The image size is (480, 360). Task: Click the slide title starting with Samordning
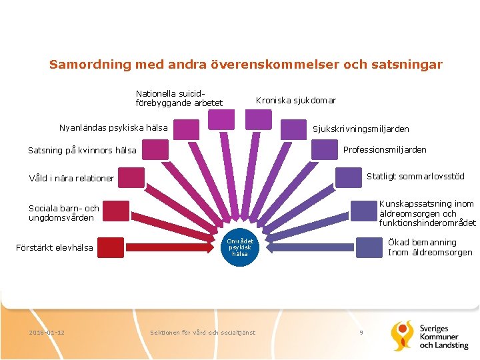click(x=245, y=65)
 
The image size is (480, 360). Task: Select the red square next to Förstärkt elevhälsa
click(x=111, y=248)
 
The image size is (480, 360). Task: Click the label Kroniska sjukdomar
click(x=296, y=101)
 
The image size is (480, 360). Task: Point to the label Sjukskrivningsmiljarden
click(x=361, y=129)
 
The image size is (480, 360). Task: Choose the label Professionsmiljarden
click(x=385, y=149)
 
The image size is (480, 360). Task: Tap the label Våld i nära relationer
click(x=71, y=178)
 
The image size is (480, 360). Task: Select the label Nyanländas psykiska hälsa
click(x=113, y=127)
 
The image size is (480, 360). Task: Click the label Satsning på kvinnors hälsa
click(x=82, y=150)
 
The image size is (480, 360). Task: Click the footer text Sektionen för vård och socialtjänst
click(x=203, y=332)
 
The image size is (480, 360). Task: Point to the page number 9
click(x=361, y=331)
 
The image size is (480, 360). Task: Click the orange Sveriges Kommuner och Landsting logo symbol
click(x=402, y=335)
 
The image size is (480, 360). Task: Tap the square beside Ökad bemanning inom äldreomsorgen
click(x=369, y=247)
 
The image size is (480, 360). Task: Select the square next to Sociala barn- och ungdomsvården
click(x=116, y=211)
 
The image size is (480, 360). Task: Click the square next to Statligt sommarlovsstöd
click(x=348, y=177)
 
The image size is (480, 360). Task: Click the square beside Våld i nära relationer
click(x=132, y=177)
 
